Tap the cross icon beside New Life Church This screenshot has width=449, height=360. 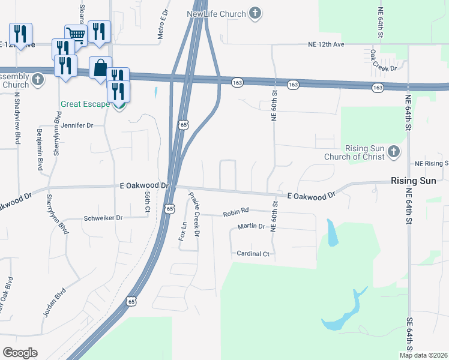pos(256,13)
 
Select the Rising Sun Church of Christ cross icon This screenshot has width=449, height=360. pos(393,152)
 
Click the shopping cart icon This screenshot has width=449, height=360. pos(76,34)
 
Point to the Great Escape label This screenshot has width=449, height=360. pos(85,104)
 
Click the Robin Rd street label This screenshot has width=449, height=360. pos(235,212)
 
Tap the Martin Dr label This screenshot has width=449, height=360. pos(251,226)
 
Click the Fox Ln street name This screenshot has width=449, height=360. pos(182,231)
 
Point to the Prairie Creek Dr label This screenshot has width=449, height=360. pos(193,214)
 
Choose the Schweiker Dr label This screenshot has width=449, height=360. pos(103,218)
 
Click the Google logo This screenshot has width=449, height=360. pos(20,353)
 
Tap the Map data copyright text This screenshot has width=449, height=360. pos(423,355)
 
